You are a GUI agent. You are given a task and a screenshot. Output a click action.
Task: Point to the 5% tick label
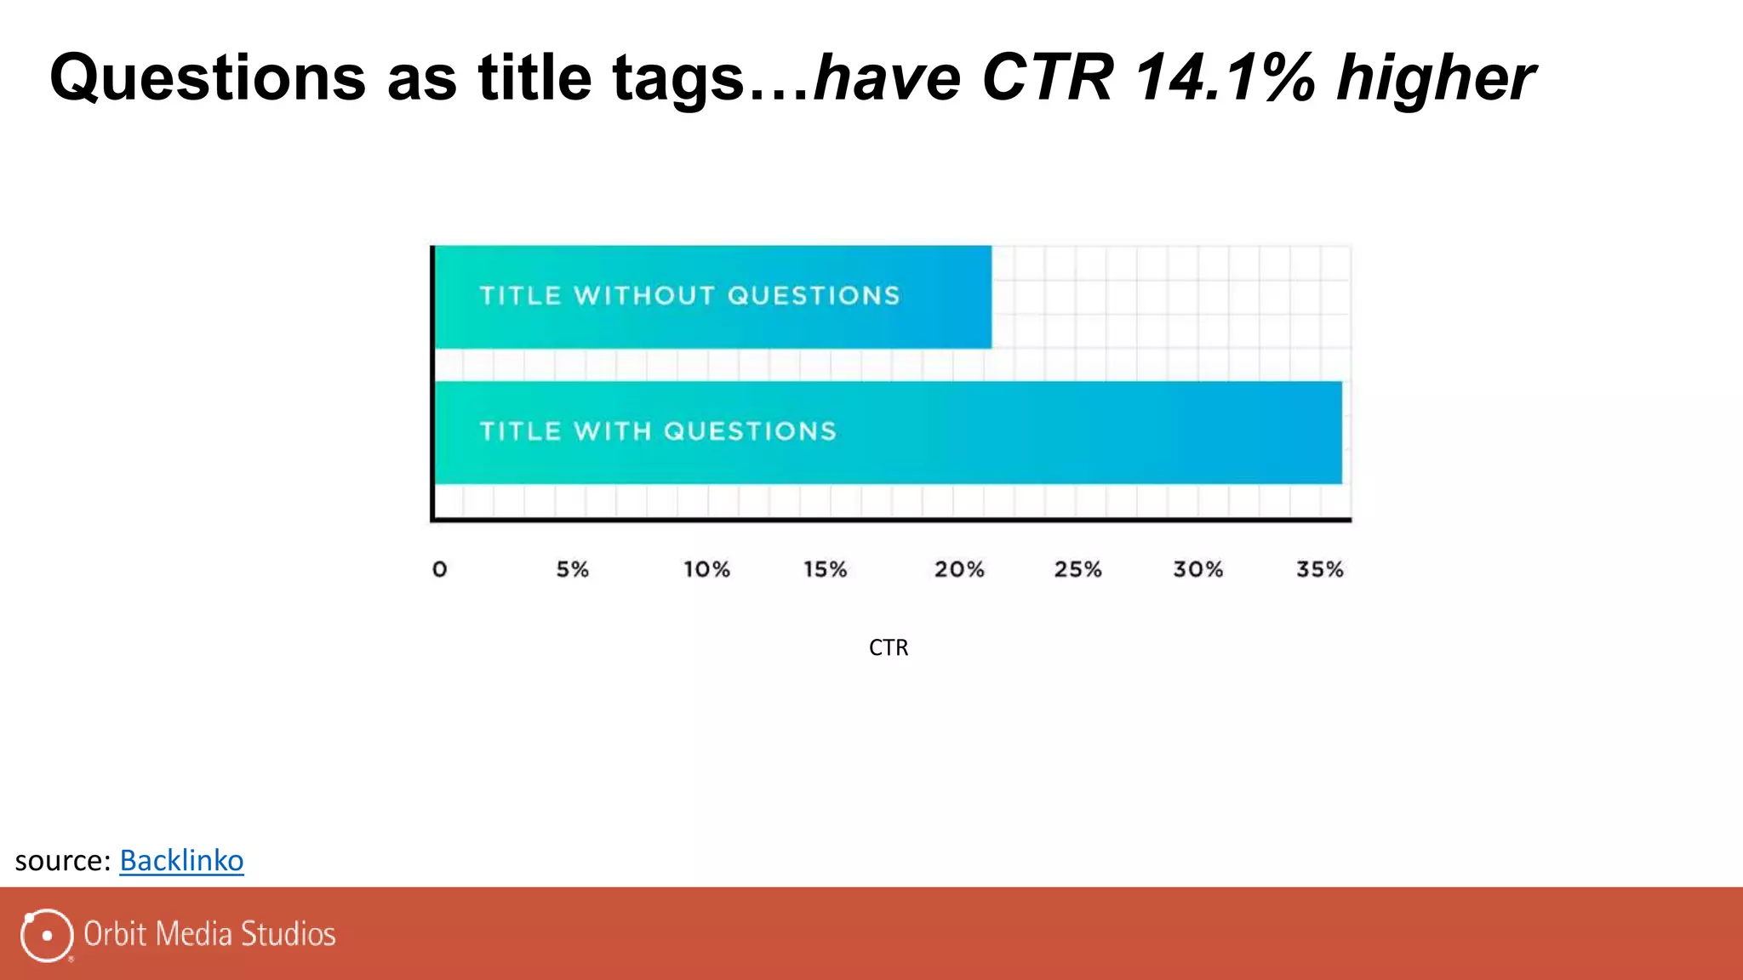pos(572,569)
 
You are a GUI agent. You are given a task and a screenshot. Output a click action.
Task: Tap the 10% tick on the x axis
pos(706,569)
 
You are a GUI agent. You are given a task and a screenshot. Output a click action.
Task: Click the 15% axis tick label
pos(825,569)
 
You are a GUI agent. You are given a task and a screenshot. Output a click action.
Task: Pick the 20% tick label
pos(959,569)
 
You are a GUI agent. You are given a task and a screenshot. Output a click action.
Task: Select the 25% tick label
pos(1077,569)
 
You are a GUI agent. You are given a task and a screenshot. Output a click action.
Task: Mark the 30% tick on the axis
pos(1197,569)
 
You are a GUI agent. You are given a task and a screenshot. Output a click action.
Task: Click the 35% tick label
pos(1319,569)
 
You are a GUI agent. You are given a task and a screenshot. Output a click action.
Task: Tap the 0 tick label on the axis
pos(439,569)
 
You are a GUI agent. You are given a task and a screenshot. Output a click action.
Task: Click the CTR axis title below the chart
pos(889,647)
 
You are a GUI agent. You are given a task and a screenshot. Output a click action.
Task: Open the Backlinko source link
pos(181,860)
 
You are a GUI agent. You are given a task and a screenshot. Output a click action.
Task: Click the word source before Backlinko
pos(60,861)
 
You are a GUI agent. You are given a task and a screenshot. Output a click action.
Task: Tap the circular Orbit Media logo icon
pos(46,935)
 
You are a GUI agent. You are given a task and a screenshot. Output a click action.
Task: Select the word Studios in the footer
pos(288,934)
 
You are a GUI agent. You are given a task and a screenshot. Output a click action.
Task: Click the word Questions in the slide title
pos(208,78)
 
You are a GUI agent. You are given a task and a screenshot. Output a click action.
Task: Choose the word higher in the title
pos(1436,78)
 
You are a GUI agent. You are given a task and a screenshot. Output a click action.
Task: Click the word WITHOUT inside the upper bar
pos(644,295)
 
